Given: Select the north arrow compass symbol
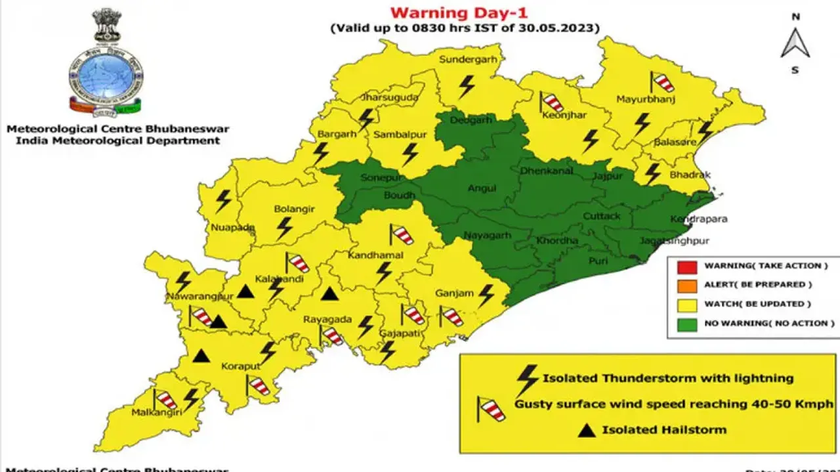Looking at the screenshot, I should point(795,43).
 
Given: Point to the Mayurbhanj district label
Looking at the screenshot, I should point(646,100).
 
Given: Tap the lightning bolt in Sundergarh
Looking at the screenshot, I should point(467,86).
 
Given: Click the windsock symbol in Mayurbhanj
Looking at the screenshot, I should point(661,82).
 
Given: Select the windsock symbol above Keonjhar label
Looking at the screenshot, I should point(551,102).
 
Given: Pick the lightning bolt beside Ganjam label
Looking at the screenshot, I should point(486,295).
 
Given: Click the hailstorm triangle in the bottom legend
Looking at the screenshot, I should point(588,430).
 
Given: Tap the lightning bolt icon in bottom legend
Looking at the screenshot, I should point(528,379).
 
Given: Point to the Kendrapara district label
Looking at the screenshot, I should point(698,219).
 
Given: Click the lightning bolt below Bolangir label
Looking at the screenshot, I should point(284,228).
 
